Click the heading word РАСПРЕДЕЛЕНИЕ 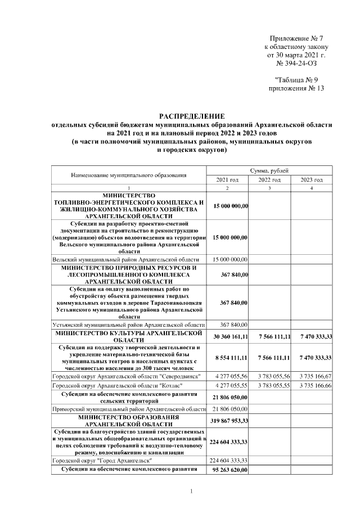point(191,115)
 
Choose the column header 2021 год point(228,179)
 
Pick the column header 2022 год point(269,179)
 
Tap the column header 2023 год point(311,179)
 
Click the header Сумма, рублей point(269,170)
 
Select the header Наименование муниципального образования point(129,175)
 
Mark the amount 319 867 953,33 point(228,421)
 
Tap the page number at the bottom point(191,492)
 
